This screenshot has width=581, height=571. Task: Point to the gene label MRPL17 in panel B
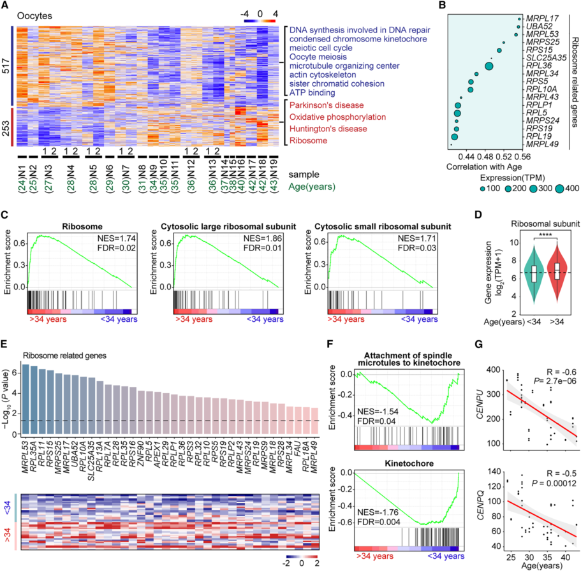click(547, 18)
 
